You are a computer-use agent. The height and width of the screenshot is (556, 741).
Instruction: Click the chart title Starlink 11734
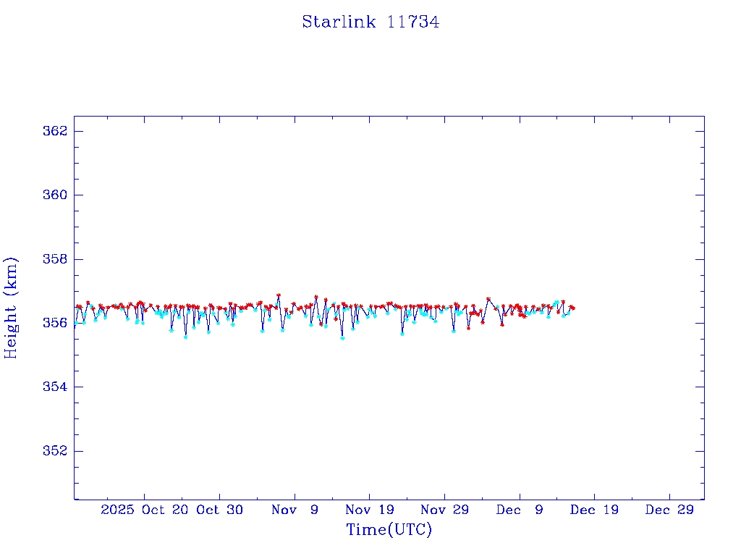(x=370, y=22)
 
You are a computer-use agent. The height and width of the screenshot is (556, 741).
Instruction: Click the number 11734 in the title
(x=413, y=22)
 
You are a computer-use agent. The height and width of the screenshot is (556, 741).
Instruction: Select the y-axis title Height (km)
(x=12, y=308)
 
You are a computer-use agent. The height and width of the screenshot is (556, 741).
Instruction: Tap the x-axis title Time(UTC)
(x=389, y=530)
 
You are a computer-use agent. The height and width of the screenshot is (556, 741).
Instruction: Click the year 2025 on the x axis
(x=118, y=510)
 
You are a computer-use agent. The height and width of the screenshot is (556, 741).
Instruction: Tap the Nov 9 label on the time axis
(x=295, y=510)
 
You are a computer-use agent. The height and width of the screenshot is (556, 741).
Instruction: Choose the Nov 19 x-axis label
(x=370, y=510)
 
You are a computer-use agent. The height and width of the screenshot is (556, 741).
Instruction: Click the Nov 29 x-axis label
(x=444, y=510)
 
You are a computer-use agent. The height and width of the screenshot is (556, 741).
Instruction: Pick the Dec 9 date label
(x=520, y=510)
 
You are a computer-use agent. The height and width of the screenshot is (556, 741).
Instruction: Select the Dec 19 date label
(x=595, y=510)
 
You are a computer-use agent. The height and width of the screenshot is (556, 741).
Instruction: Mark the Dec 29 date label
(x=669, y=510)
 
